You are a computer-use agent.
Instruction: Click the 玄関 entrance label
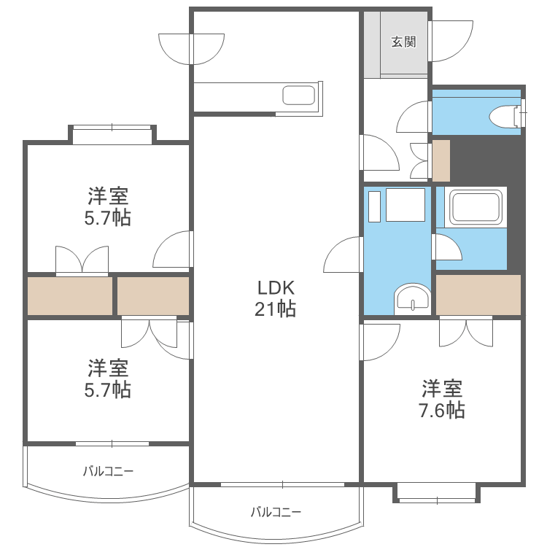pos(403,42)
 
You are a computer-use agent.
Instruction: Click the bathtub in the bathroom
pos(477,207)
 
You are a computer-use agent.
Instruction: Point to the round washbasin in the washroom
pos(412,299)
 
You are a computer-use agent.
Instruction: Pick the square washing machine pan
pos(405,204)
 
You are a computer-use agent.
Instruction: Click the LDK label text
pos(275,286)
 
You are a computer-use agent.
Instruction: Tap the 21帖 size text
pos(275,309)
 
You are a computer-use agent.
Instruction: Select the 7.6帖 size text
pos(441,410)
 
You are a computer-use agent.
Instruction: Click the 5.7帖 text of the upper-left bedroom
pos(108,217)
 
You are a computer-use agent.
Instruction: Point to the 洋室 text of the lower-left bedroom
pos(108,367)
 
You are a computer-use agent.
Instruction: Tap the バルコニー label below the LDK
pos(276,511)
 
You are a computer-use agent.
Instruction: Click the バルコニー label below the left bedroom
pos(108,471)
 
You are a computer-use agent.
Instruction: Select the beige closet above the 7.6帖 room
pos(478,295)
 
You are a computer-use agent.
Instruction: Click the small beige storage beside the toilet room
pos(441,160)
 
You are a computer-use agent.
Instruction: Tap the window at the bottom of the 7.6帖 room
pos(437,499)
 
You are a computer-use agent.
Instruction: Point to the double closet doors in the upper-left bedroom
pos(82,261)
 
